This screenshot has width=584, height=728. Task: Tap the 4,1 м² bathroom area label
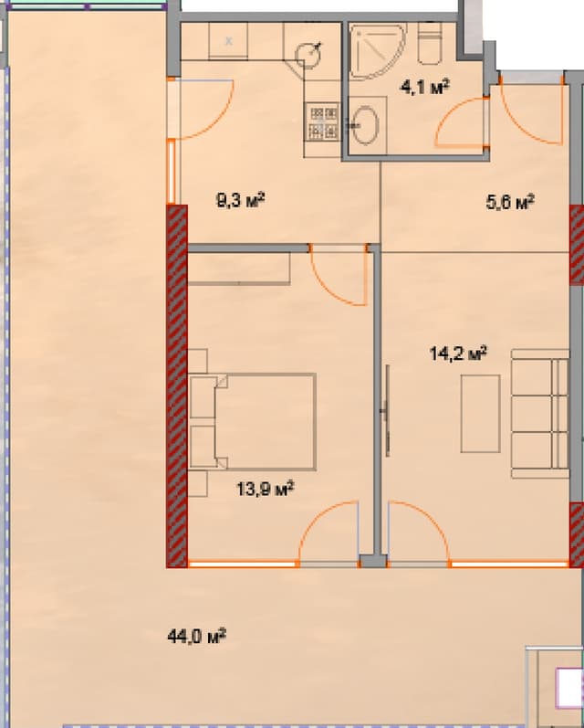425,88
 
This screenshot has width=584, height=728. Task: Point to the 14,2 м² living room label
457,353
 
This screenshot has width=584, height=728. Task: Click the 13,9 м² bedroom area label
264,491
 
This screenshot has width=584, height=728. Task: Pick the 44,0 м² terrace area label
197,635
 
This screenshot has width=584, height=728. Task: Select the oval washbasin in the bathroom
368,124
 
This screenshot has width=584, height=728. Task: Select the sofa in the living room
539,417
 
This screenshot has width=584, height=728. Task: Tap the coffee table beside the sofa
480,413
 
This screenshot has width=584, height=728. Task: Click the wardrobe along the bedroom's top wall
239,267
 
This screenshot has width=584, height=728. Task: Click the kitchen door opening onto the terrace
199,109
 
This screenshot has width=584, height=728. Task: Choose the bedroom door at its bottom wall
328,534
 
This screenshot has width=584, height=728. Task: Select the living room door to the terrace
418,534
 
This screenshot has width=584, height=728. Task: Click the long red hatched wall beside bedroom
177,384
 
